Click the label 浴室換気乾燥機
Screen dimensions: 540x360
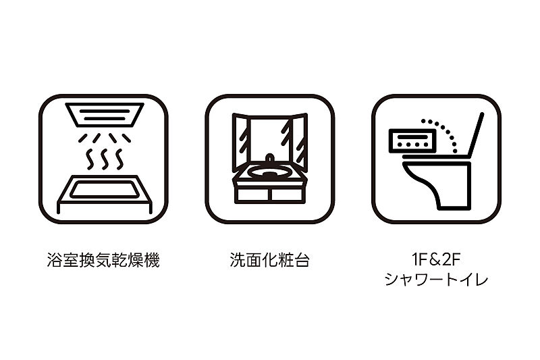pos(103,260)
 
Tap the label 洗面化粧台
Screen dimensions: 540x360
pos(269,260)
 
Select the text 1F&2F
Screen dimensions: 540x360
pos(436,259)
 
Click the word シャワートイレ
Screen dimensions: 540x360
pos(436,279)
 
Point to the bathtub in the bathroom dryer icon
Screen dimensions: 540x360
pos(105,194)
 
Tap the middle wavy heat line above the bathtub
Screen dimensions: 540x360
pos(105,159)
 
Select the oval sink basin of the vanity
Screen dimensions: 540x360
pos(269,171)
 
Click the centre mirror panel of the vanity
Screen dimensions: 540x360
pos(269,140)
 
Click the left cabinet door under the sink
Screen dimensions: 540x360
pos(252,195)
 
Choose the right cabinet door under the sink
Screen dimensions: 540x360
pos(288,195)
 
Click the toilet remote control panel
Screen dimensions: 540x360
pos(411,141)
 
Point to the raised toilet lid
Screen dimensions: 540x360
pos(476,134)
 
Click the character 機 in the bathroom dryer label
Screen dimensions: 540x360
pos(151,260)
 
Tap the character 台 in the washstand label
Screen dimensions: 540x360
pos(302,260)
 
